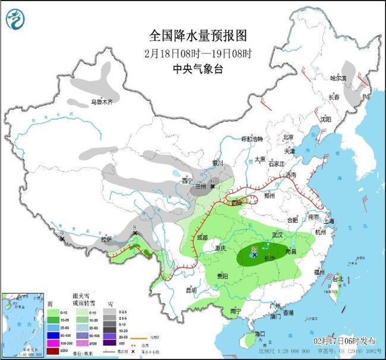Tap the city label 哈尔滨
click(338, 78)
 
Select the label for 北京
click(289, 137)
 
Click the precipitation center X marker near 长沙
click(254, 255)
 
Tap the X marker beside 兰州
click(213, 186)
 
